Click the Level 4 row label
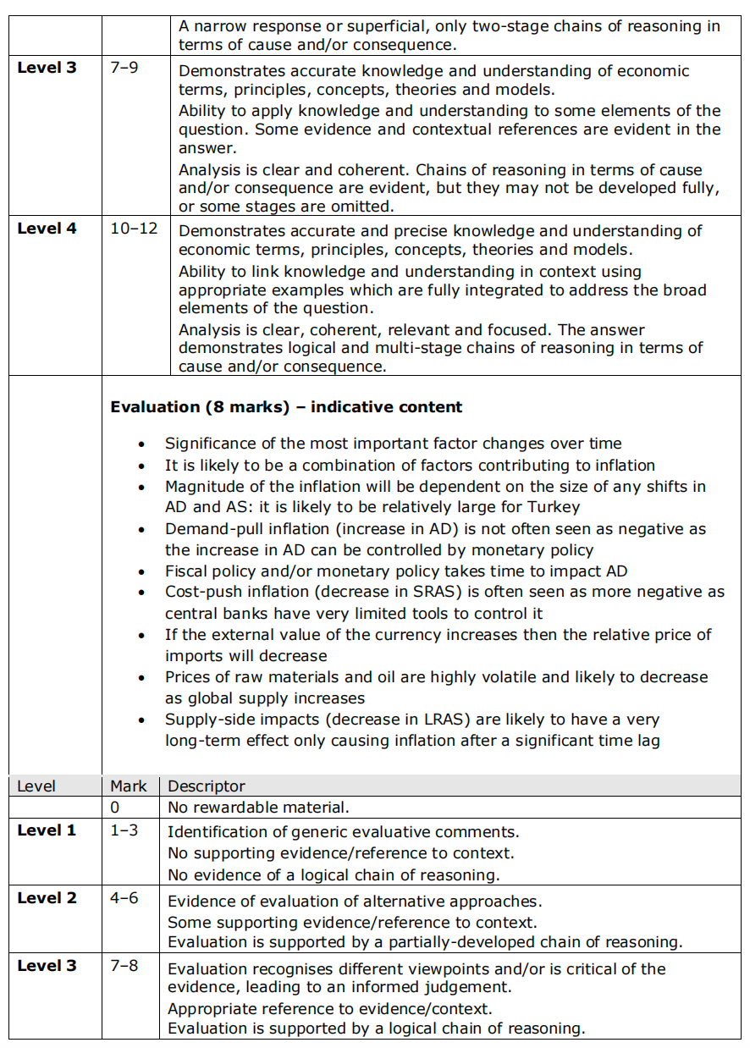pos(47,229)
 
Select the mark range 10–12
pos(134,229)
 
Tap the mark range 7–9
pos(124,68)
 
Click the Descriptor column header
pos(207,786)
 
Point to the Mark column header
pos(129,786)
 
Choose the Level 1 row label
pos(47,830)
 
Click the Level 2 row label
pos(47,898)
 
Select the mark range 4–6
pos(124,898)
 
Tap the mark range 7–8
pos(124,966)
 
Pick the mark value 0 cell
pos(115,808)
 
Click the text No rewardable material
pos(258,808)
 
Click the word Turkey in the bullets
pos(554,508)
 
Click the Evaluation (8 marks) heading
pos(286,407)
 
